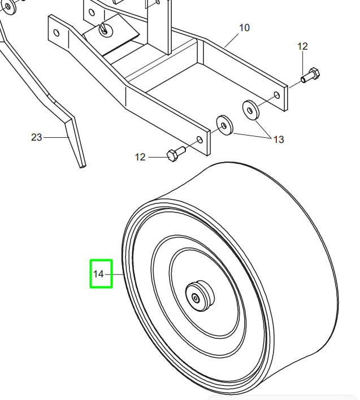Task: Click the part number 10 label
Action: tap(244, 28)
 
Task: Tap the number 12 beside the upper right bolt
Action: tap(303, 46)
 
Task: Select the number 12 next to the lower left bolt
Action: tap(140, 157)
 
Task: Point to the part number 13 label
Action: tap(278, 140)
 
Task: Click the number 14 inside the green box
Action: tap(98, 274)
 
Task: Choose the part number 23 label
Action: tap(37, 137)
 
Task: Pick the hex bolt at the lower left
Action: tap(175, 154)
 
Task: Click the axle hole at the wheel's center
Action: tap(196, 297)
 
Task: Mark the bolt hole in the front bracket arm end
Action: tap(198, 139)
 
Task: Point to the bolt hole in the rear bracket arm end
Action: tap(276, 95)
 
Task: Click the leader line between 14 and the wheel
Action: tap(116, 274)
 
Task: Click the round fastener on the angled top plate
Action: tap(105, 29)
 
